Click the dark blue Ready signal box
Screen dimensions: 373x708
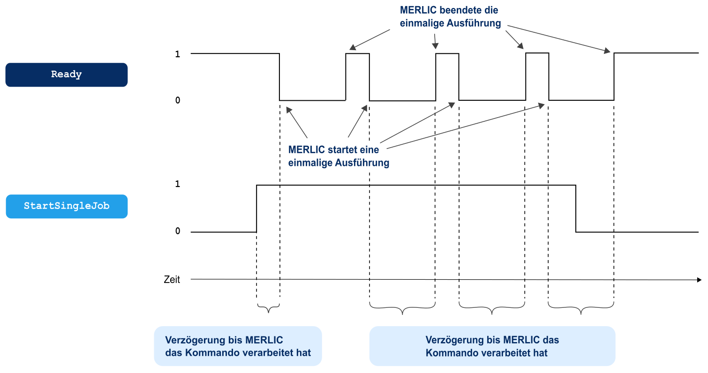click(x=66, y=75)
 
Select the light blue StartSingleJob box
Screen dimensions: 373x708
click(x=66, y=206)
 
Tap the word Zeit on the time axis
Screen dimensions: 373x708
click(x=172, y=280)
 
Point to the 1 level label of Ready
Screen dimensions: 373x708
click(x=177, y=54)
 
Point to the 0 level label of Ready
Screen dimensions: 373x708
click(x=177, y=100)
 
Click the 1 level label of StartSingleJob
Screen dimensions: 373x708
click(x=177, y=185)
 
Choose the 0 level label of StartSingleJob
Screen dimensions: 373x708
click(x=177, y=231)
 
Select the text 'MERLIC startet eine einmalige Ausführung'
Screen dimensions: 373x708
click(x=339, y=157)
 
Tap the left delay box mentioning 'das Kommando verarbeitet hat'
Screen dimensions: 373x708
click(x=238, y=346)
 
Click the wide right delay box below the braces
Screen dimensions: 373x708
click(x=492, y=346)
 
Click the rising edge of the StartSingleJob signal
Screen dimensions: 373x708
click(x=257, y=209)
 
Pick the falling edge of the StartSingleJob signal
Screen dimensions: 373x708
click(x=576, y=209)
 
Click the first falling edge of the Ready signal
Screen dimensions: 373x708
click(x=279, y=77)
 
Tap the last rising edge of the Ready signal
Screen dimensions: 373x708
click(x=614, y=77)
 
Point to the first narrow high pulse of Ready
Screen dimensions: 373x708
click(x=357, y=54)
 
